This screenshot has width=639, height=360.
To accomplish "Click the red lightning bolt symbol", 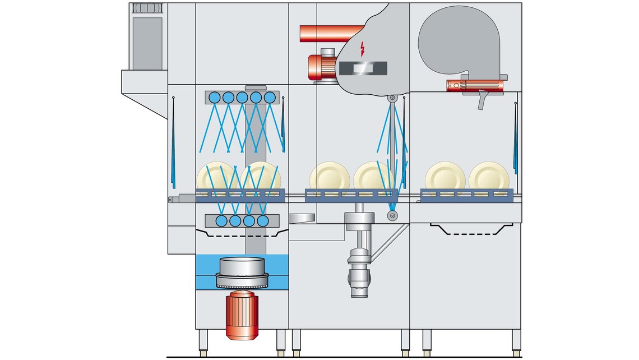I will pyautogui.click(x=362, y=49).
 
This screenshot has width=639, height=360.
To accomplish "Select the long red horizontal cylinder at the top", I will pyautogui.click(x=331, y=34).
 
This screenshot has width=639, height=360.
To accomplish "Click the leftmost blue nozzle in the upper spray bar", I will pyautogui.click(x=214, y=98).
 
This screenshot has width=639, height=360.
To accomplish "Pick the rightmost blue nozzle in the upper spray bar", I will pyautogui.click(x=270, y=98).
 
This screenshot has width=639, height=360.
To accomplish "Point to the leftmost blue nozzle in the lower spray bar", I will pyautogui.click(x=221, y=221).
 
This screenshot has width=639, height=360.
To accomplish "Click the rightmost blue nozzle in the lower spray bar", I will pyautogui.click(x=263, y=221).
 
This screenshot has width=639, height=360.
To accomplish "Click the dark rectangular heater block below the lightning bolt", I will pyautogui.click(x=363, y=68).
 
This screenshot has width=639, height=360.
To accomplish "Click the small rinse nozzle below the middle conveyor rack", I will pyautogui.click(x=392, y=215).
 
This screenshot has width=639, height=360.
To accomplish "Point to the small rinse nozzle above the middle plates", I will pyautogui.click(x=392, y=99).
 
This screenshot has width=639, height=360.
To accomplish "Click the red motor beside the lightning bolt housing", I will pyautogui.click(x=321, y=65).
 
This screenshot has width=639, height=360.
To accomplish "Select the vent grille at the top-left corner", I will pyautogui.click(x=147, y=8).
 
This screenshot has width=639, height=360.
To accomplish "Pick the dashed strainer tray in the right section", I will pyautogui.click(x=471, y=229).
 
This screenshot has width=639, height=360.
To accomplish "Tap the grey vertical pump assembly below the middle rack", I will pyautogui.click(x=359, y=252).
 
